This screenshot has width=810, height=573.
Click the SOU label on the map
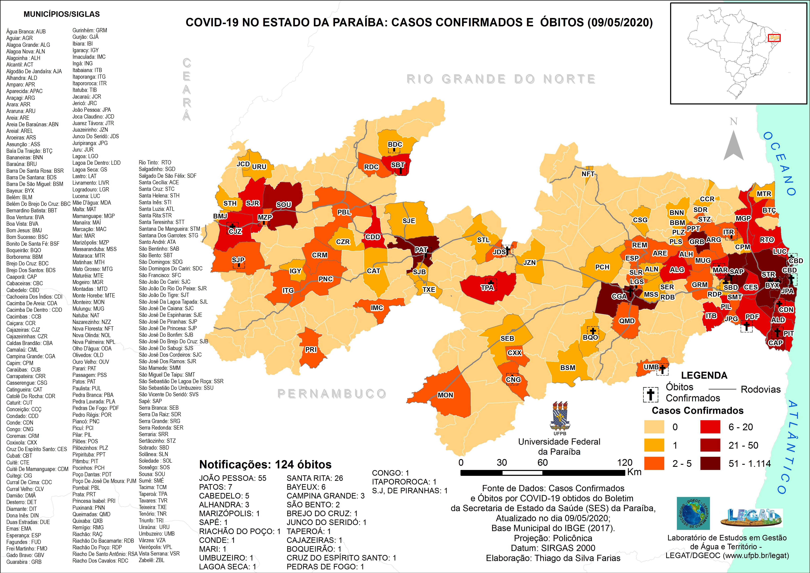(x=284, y=205)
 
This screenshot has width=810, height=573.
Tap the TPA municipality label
(x=487, y=288)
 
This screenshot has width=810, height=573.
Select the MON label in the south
(x=446, y=395)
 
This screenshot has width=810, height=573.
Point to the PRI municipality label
(x=311, y=350)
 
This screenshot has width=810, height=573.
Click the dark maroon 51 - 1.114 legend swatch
(x=710, y=464)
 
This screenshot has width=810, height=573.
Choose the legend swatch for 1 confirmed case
(x=654, y=445)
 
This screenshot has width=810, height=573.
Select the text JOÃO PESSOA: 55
(x=232, y=478)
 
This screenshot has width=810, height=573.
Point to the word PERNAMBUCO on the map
(x=332, y=394)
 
